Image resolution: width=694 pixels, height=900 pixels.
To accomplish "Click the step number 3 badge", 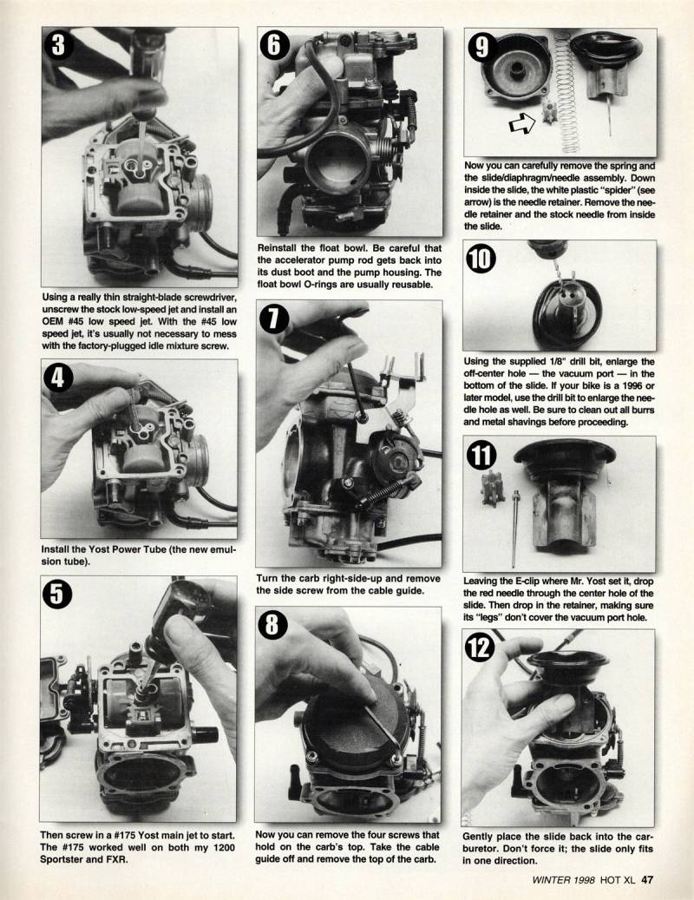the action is click(x=58, y=44).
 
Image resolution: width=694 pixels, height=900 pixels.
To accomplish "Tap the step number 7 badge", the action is click(x=274, y=319).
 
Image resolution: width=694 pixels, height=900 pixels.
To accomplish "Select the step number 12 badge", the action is click(x=480, y=647).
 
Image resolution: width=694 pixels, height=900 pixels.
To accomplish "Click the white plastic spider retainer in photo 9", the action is click(x=549, y=110).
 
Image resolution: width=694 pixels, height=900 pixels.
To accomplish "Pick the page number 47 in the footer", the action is click(x=647, y=879).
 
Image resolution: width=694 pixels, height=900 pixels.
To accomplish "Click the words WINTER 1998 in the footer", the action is click(x=564, y=879).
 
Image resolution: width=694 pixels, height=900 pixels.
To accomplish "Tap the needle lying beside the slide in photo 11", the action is click(x=515, y=529).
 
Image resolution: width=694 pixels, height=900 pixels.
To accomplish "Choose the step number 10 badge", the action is click(x=481, y=259).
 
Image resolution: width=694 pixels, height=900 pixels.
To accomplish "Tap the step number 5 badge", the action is click(x=56, y=594).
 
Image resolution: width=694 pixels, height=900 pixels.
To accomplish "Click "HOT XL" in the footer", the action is click(x=619, y=879).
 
